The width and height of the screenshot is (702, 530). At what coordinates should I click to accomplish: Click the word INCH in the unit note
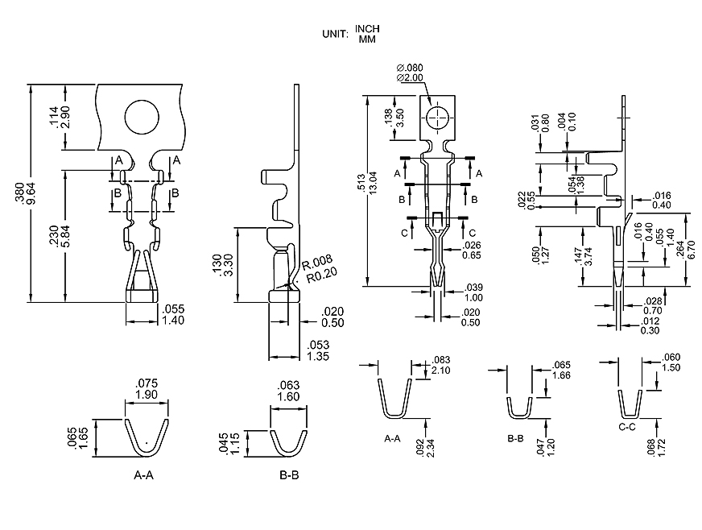pos(367,28)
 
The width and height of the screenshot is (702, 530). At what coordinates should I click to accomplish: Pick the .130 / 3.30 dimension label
pos(221,265)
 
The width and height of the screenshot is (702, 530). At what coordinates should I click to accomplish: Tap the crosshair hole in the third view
pos(437,118)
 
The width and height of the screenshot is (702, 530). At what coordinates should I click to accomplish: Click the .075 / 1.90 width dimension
pos(147,389)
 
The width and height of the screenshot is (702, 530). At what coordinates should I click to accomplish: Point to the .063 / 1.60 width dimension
pos(288,391)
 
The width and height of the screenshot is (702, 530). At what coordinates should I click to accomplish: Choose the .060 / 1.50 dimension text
pos(671,362)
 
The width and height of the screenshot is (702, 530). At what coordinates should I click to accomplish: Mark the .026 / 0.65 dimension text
pos(473,251)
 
